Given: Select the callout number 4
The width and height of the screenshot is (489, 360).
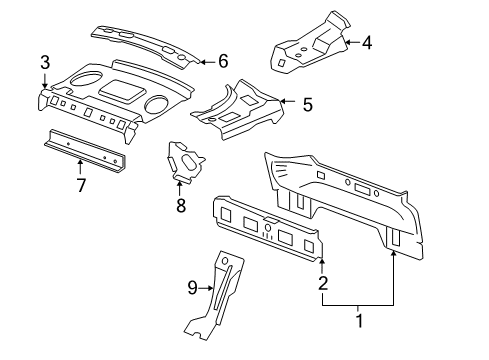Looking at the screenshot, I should pos(367,43).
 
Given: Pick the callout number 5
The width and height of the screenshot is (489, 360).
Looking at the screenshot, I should pos(307,102).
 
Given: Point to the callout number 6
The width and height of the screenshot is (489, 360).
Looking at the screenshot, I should pos(223,62).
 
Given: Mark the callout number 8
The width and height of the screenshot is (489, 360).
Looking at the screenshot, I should pos(181,206).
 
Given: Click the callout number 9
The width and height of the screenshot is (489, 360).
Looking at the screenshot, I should pos(194,290).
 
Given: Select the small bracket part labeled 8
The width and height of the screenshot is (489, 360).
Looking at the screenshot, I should pos(184,162).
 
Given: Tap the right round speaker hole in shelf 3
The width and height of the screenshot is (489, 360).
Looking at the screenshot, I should pos(157,104).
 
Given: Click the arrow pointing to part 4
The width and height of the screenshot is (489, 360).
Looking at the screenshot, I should pos(350,43).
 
